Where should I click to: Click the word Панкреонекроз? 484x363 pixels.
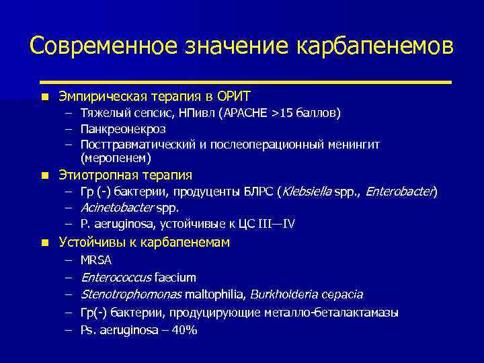(122, 128)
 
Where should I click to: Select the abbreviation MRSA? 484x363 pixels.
(96, 259)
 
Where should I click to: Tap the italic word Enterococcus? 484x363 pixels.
(116, 277)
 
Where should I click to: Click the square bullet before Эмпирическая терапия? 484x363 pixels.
(44, 97)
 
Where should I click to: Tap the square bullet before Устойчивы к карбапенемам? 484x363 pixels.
(44, 243)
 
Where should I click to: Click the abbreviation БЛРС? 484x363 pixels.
(256, 192)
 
